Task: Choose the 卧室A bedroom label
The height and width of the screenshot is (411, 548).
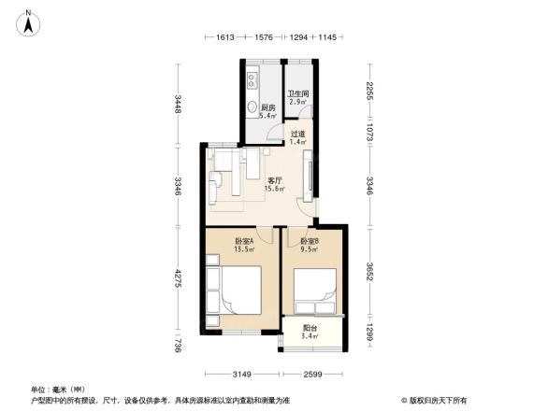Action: pos(245,245)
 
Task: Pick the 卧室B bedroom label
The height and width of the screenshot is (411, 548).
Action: pos(309,245)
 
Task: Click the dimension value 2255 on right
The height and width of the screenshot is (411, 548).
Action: pos(370,92)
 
